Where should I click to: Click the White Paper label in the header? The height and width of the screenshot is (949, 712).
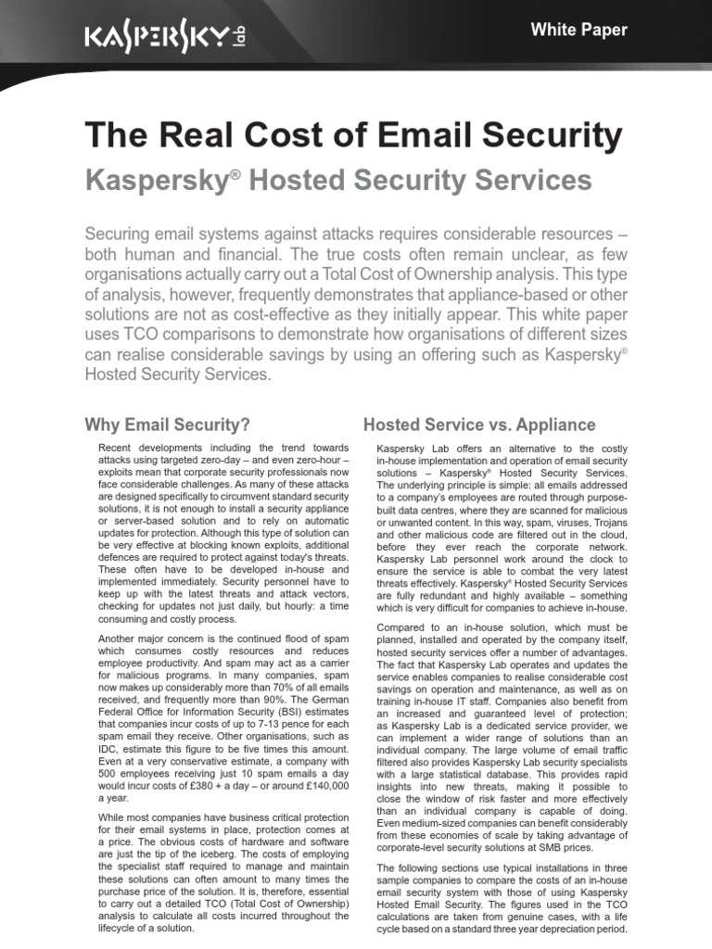click(578, 30)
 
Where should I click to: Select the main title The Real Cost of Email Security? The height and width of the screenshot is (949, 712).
click(353, 136)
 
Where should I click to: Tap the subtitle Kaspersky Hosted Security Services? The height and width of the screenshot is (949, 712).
click(338, 180)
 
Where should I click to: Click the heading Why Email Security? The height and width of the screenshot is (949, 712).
click(168, 425)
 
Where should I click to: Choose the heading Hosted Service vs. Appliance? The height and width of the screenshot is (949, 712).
click(479, 425)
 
